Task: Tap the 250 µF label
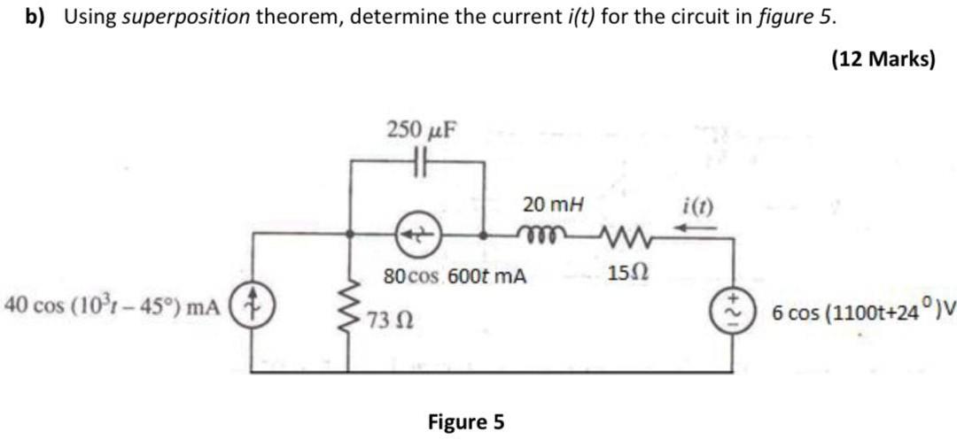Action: (x=422, y=130)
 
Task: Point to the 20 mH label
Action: (x=554, y=205)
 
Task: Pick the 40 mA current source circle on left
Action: (x=255, y=306)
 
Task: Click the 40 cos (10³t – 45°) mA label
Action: (x=112, y=306)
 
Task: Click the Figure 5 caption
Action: (x=466, y=421)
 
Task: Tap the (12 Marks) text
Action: (x=883, y=58)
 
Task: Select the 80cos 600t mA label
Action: (x=455, y=275)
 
